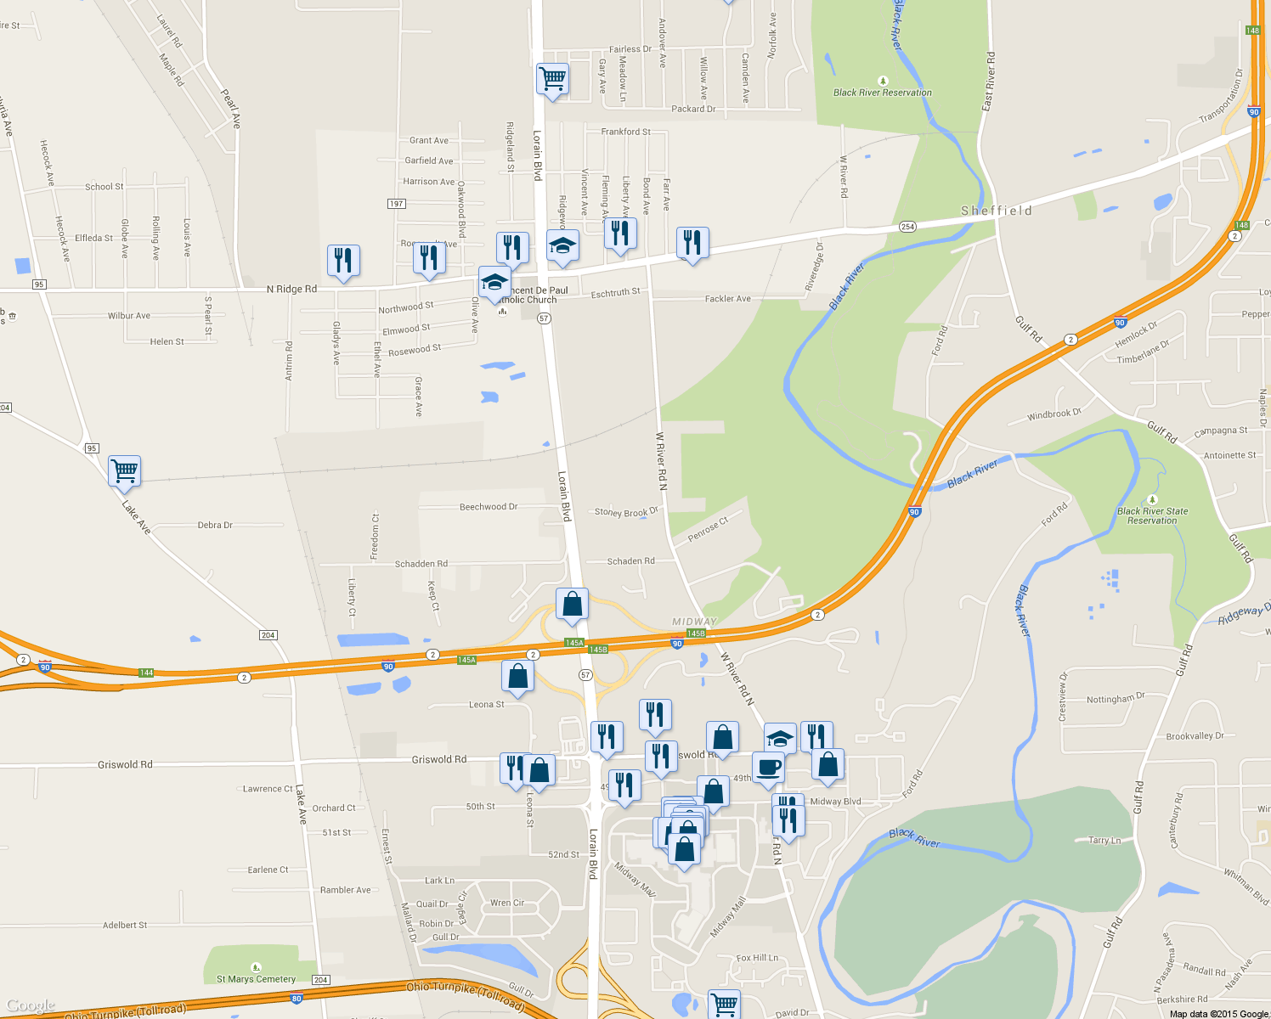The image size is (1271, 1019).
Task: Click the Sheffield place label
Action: click(x=997, y=211)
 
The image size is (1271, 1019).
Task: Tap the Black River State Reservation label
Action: click(x=1152, y=515)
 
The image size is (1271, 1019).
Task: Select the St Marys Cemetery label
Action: click(x=256, y=979)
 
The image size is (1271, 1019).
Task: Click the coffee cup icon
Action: click(x=769, y=768)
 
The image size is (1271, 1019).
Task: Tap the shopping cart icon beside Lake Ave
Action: click(x=125, y=470)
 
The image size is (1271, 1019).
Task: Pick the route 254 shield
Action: click(x=907, y=227)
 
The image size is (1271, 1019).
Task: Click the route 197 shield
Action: click(x=396, y=204)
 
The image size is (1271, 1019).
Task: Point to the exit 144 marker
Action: click(x=146, y=673)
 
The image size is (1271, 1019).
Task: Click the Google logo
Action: click(x=31, y=1006)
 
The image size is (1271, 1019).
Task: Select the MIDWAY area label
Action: click(x=694, y=622)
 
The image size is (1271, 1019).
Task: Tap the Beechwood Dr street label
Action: click(x=489, y=507)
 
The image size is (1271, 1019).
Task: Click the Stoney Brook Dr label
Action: click(x=626, y=512)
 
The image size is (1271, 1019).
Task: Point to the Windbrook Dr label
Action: click(x=1054, y=414)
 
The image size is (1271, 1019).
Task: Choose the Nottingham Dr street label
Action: click(x=1116, y=699)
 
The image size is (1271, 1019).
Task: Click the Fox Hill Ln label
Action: click(x=757, y=958)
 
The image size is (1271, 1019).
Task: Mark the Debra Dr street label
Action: click(x=215, y=526)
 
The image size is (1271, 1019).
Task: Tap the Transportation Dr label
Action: click(x=1221, y=96)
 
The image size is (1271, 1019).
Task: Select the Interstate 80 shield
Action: click(x=297, y=999)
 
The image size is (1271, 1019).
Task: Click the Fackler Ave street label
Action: click(x=727, y=299)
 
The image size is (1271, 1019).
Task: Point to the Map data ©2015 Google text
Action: click(x=1218, y=1014)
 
